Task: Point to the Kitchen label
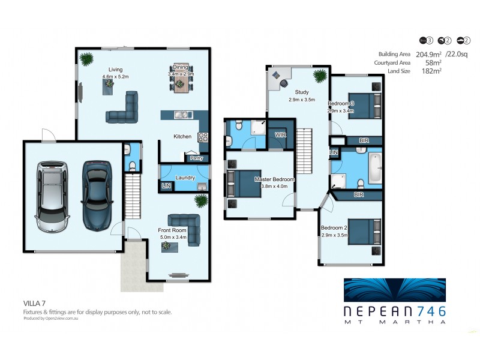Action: coord(182,137)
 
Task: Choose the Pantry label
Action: coord(196,158)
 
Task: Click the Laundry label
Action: coord(185,177)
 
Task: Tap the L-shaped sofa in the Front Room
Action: coord(183,223)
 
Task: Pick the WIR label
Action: coord(280,136)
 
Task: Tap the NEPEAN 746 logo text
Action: coord(394,311)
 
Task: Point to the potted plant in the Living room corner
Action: coord(87,59)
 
